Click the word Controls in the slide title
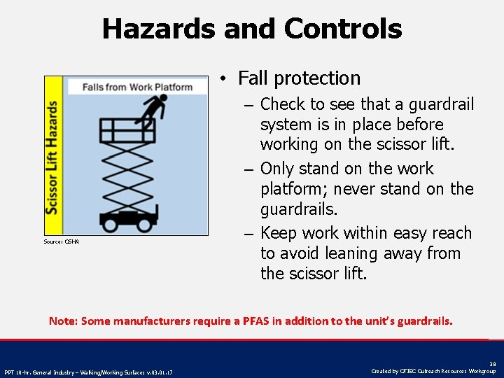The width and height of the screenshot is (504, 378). point(343,29)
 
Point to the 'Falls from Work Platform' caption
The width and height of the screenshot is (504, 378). point(137,87)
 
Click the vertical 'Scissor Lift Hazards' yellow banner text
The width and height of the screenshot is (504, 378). point(52,157)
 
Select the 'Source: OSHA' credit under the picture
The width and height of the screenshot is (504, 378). point(62,241)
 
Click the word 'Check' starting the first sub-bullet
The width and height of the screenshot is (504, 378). point(282,104)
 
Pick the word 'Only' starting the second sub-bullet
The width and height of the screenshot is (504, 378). point(278,169)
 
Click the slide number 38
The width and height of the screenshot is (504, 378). point(493,364)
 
